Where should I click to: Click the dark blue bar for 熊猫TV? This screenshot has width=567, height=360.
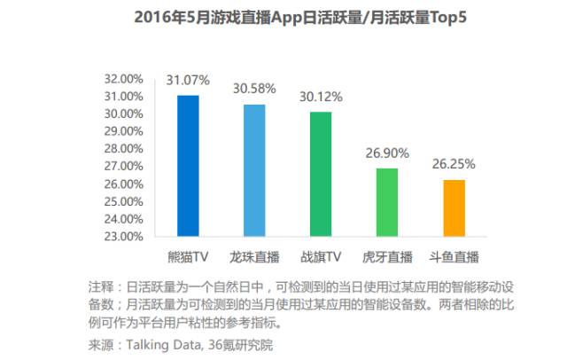188,166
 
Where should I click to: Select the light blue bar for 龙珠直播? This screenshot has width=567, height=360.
254,170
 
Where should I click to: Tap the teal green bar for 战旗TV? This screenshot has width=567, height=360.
321,174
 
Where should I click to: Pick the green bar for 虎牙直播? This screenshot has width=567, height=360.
388,202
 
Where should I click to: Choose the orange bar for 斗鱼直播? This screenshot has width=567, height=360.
454,207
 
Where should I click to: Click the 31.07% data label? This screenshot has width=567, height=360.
188,81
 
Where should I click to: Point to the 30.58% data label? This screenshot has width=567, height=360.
254,89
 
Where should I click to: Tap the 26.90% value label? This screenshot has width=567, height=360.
388,153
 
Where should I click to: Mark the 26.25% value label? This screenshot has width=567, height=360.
454,164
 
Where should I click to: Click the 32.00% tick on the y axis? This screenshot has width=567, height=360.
123,79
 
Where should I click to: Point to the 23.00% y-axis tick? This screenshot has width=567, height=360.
123,237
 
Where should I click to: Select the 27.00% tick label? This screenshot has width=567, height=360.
123,167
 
